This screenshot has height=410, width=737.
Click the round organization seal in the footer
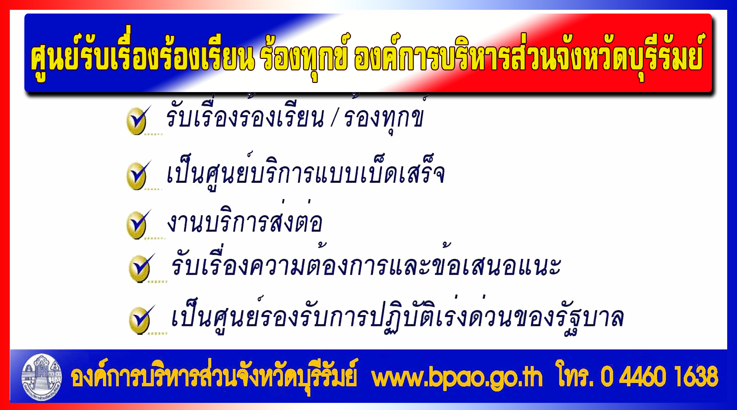pyautogui.click(x=42, y=377)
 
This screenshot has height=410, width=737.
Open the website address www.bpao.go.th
pyautogui.click(x=457, y=377)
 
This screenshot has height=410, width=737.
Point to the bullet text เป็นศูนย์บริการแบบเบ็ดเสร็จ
pyautogui.click(x=306, y=172)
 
